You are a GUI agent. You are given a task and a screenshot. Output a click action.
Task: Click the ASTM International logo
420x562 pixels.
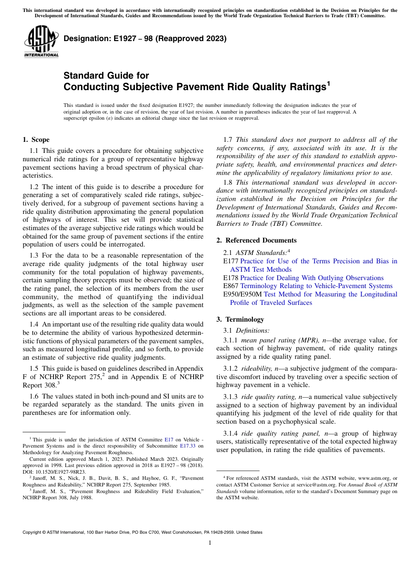(x=41, y=42)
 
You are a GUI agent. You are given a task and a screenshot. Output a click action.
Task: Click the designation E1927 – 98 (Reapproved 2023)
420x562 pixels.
(x=145, y=38)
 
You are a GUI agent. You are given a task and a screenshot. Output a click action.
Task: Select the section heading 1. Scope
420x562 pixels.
(x=36, y=140)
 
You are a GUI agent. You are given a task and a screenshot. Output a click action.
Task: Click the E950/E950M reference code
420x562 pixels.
(x=243, y=294)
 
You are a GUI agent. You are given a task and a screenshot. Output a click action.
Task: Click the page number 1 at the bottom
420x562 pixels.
(x=210, y=543)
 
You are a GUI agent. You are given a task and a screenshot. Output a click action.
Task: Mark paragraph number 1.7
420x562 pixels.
(x=229, y=140)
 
